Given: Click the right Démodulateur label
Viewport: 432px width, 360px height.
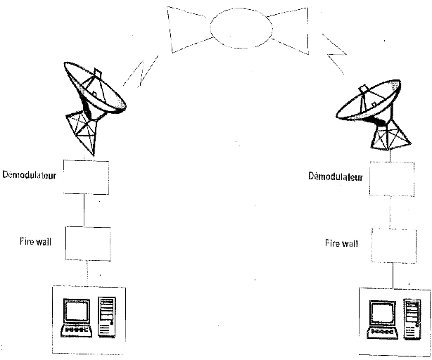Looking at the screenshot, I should pyautogui.click(x=336, y=176).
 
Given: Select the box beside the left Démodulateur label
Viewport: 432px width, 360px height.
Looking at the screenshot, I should pyautogui.click(x=84, y=176).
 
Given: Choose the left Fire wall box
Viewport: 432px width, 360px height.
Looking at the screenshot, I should pyautogui.click(x=87, y=243).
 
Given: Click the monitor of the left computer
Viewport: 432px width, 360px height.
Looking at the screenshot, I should pyautogui.click(x=76, y=313).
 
